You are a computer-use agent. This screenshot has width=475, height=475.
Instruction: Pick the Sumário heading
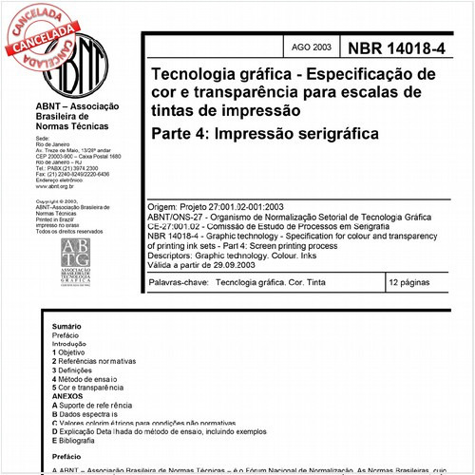[x=66, y=326]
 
